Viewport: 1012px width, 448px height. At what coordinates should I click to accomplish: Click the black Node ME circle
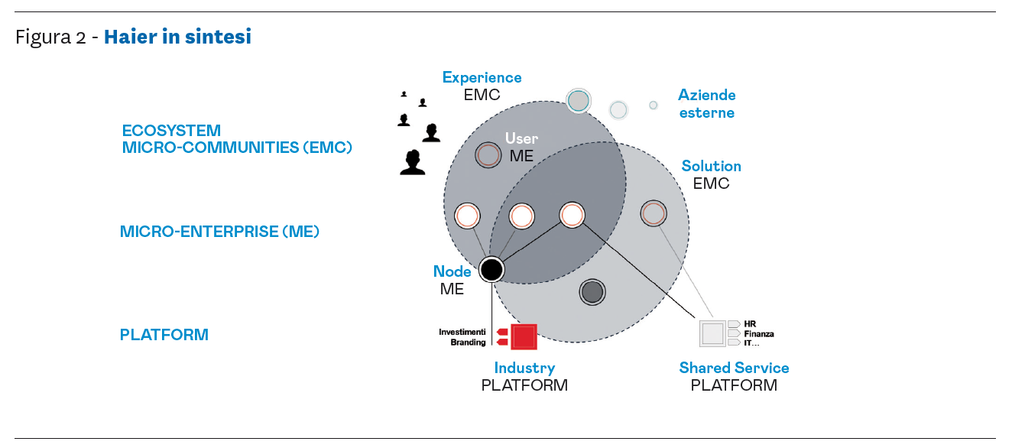[x=491, y=269]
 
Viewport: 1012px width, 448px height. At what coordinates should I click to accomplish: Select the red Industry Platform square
[x=524, y=337]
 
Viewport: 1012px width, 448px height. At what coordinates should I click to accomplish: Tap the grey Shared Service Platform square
[x=712, y=333]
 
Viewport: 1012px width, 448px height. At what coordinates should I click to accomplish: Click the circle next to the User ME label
[x=488, y=154]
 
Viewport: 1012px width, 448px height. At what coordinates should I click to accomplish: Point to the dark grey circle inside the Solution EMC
[x=592, y=291]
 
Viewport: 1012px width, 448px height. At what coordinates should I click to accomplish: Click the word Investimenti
[x=462, y=332]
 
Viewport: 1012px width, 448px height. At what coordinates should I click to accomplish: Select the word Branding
[x=468, y=342]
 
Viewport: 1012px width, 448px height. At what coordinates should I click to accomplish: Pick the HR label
[x=749, y=323]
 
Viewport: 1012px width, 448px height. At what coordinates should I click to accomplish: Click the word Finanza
[x=758, y=333]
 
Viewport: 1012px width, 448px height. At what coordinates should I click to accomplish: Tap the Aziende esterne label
[x=706, y=104]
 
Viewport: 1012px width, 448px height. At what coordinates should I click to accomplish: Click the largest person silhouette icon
[x=413, y=162]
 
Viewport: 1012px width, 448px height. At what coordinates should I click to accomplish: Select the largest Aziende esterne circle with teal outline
[x=579, y=100]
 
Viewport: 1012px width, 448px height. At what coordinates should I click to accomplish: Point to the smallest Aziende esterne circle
[x=654, y=106]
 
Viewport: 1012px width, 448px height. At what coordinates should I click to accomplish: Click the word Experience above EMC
[x=482, y=77]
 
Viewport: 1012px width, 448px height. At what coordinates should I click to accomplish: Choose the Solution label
[x=711, y=166]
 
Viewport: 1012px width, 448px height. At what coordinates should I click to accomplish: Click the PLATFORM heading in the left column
[x=164, y=335]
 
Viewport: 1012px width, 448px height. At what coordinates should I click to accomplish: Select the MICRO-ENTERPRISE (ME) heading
[x=219, y=231]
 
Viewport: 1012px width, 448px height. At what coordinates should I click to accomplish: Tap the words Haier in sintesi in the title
[x=177, y=37]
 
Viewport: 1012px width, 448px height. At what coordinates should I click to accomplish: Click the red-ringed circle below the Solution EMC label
[x=653, y=213]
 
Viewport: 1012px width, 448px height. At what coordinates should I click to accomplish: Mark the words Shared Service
[x=734, y=368]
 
